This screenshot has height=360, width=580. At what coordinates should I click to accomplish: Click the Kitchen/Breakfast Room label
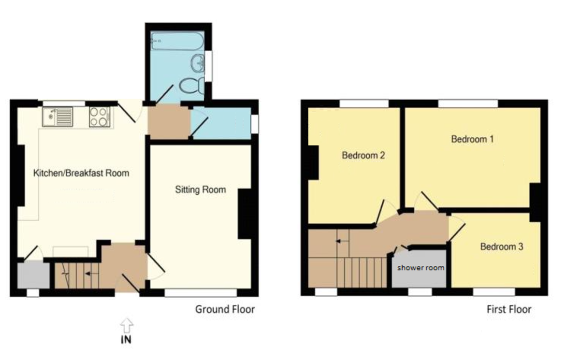pyautogui.click(x=81, y=173)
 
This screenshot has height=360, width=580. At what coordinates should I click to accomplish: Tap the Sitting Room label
pyautogui.click(x=200, y=190)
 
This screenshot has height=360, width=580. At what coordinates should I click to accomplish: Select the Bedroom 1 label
pyautogui.click(x=472, y=139)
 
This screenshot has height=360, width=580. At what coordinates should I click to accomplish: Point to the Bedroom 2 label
pyautogui.click(x=363, y=156)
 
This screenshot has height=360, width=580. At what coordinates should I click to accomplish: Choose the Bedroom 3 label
pyautogui.click(x=501, y=246)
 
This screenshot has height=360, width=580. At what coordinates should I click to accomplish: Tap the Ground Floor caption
pyautogui.click(x=225, y=309)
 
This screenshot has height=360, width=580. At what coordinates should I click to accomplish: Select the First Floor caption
pyautogui.click(x=508, y=309)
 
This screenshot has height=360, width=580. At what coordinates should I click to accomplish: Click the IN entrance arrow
pyautogui.click(x=126, y=326)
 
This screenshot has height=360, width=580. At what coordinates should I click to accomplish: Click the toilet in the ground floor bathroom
pyautogui.click(x=189, y=86)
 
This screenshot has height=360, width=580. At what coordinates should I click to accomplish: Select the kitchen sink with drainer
pyautogui.click(x=58, y=116)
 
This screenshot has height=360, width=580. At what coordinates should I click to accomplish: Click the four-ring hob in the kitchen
pyautogui.click(x=100, y=116)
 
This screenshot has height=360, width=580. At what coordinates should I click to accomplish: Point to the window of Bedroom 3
pyautogui.click(x=493, y=292)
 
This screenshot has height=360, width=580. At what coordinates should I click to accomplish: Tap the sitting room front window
pyautogui.click(x=201, y=292)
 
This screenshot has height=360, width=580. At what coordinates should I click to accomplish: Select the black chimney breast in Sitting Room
pyautogui.click(x=245, y=214)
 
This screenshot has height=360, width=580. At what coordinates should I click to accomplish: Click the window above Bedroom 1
pyautogui.click(x=468, y=103)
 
